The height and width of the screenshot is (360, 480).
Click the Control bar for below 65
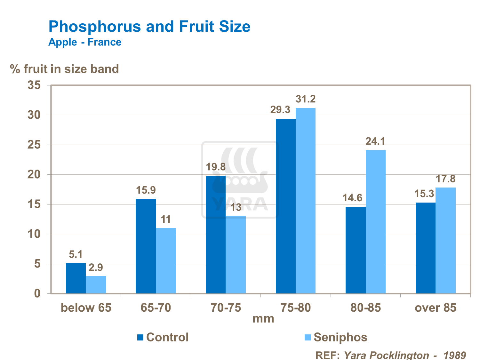coord(76,278)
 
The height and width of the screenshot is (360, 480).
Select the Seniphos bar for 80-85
coord(376,221)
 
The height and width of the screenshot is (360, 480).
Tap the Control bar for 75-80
coord(285,206)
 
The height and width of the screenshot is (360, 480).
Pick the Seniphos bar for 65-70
coord(166,260)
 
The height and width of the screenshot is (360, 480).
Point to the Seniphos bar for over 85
coord(445,240)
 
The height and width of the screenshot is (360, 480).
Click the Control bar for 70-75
coord(216,234)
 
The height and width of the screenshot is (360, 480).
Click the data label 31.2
coord(306,99)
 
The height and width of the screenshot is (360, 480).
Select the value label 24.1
coord(375,141)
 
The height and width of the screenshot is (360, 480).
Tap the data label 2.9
coord(96,268)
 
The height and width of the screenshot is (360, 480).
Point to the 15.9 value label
coord(146,190)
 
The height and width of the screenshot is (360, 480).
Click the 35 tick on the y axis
coord(34,85)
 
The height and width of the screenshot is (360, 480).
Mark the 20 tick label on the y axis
coord(34,174)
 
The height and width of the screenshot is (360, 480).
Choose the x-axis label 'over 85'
coord(435,308)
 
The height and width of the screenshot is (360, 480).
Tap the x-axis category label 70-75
coord(226,308)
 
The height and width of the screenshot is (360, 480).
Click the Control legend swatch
coord(140,337)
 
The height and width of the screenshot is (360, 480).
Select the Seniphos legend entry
coord(340,337)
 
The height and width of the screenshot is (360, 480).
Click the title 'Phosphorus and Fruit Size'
coord(149,26)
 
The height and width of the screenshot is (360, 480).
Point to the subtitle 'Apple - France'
coord(85,42)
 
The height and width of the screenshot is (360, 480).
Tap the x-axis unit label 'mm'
coord(263,319)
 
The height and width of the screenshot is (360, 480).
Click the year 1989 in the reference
coord(454,355)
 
